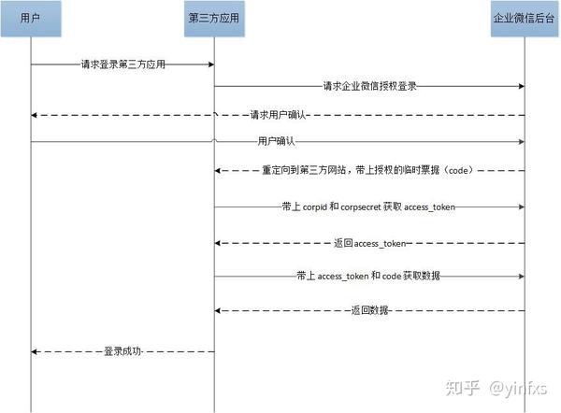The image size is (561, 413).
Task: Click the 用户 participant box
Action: pos(31,19)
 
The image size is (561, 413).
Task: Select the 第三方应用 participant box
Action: pos(214,19)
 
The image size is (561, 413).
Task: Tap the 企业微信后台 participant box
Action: pos(525,19)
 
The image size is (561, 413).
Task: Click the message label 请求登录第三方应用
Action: pos(123,64)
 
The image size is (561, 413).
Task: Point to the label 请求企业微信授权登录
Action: pos(369,86)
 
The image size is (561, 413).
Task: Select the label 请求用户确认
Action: pos(278,115)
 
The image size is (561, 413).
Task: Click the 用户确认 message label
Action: pos(276,142)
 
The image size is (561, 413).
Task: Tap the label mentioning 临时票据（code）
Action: pos(369,172)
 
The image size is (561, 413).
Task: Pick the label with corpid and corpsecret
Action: pos(369,206)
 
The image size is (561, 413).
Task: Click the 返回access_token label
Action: pos(369,242)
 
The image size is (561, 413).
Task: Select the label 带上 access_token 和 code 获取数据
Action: pos(369,277)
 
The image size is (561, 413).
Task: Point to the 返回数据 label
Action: pos(369,309)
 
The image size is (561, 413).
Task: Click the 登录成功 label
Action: pos(123,351)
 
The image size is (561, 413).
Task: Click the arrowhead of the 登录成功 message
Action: pos(35,351)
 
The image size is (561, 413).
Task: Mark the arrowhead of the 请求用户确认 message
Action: pos(35,115)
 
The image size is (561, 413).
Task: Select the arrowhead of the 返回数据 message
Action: pos(218,309)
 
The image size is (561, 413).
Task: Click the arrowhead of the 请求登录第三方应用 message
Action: pos(210,64)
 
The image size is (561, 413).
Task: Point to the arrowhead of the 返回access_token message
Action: pos(218,242)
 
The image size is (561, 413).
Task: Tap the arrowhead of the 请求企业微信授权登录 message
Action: pos(522,86)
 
